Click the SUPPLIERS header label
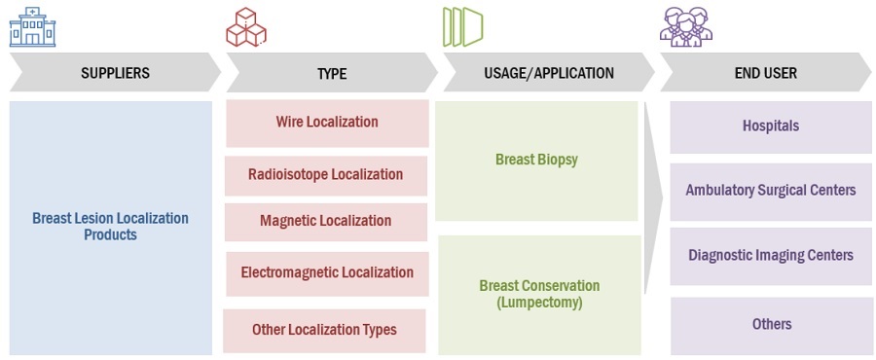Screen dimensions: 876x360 click(x=115, y=73)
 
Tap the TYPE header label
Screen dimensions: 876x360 click(x=332, y=73)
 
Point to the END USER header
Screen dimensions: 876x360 click(x=766, y=73)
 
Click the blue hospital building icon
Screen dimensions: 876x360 click(x=32, y=27)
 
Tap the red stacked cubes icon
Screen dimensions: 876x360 click(x=246, y=27)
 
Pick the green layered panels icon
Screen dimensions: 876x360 click(x=462, y=27)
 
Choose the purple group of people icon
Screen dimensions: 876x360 click(x=686, y=27)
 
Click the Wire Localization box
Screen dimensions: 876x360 click(x=327, y=124)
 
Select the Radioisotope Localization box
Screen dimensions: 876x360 click(x=326, y=176)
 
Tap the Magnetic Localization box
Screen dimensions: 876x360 click(x=326, y=222)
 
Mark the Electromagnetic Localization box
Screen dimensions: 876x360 click(x=327, y=274)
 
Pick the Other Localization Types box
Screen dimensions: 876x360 click(x=324, y=331)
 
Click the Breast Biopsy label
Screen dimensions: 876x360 click(x=537, y=160)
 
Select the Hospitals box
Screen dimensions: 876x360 click(x=771, y=127)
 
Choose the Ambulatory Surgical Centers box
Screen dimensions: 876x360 click(x=771, y=192)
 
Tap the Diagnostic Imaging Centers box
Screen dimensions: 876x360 click(x=771, y=257)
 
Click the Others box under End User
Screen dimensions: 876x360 click(x=771, y=326)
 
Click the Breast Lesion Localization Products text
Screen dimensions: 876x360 click(x=111, y=226)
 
